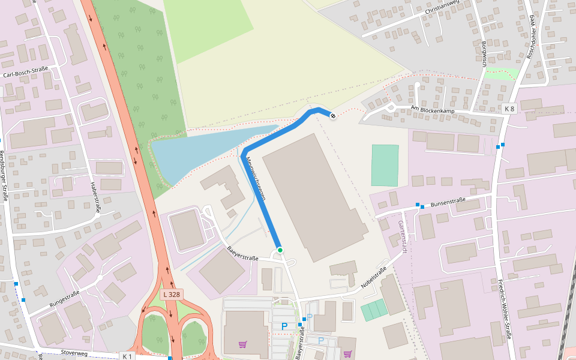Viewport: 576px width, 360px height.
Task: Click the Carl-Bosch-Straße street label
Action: pyautogui.click(x=26, y=75)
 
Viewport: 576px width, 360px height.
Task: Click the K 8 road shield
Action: pyautogui.click(x=509, y=109)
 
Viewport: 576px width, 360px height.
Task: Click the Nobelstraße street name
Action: pyautogui.click(x=374, y=278)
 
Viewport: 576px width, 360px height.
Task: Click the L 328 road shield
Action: pyautogui.click(x=171, y=295)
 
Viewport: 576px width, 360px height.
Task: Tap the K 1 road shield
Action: pyautogui.click(x=127, y=356)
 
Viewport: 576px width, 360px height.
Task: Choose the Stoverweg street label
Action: pyautogui.click(x=74, y=353)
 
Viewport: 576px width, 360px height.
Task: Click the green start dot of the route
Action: pyautogui.click(x=280, y=250)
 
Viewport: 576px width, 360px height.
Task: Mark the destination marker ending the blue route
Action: pyautogui.click(x=333, y=115)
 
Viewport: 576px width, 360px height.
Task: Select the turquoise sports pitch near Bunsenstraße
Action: pyautogui.click(x=385, y=165)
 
